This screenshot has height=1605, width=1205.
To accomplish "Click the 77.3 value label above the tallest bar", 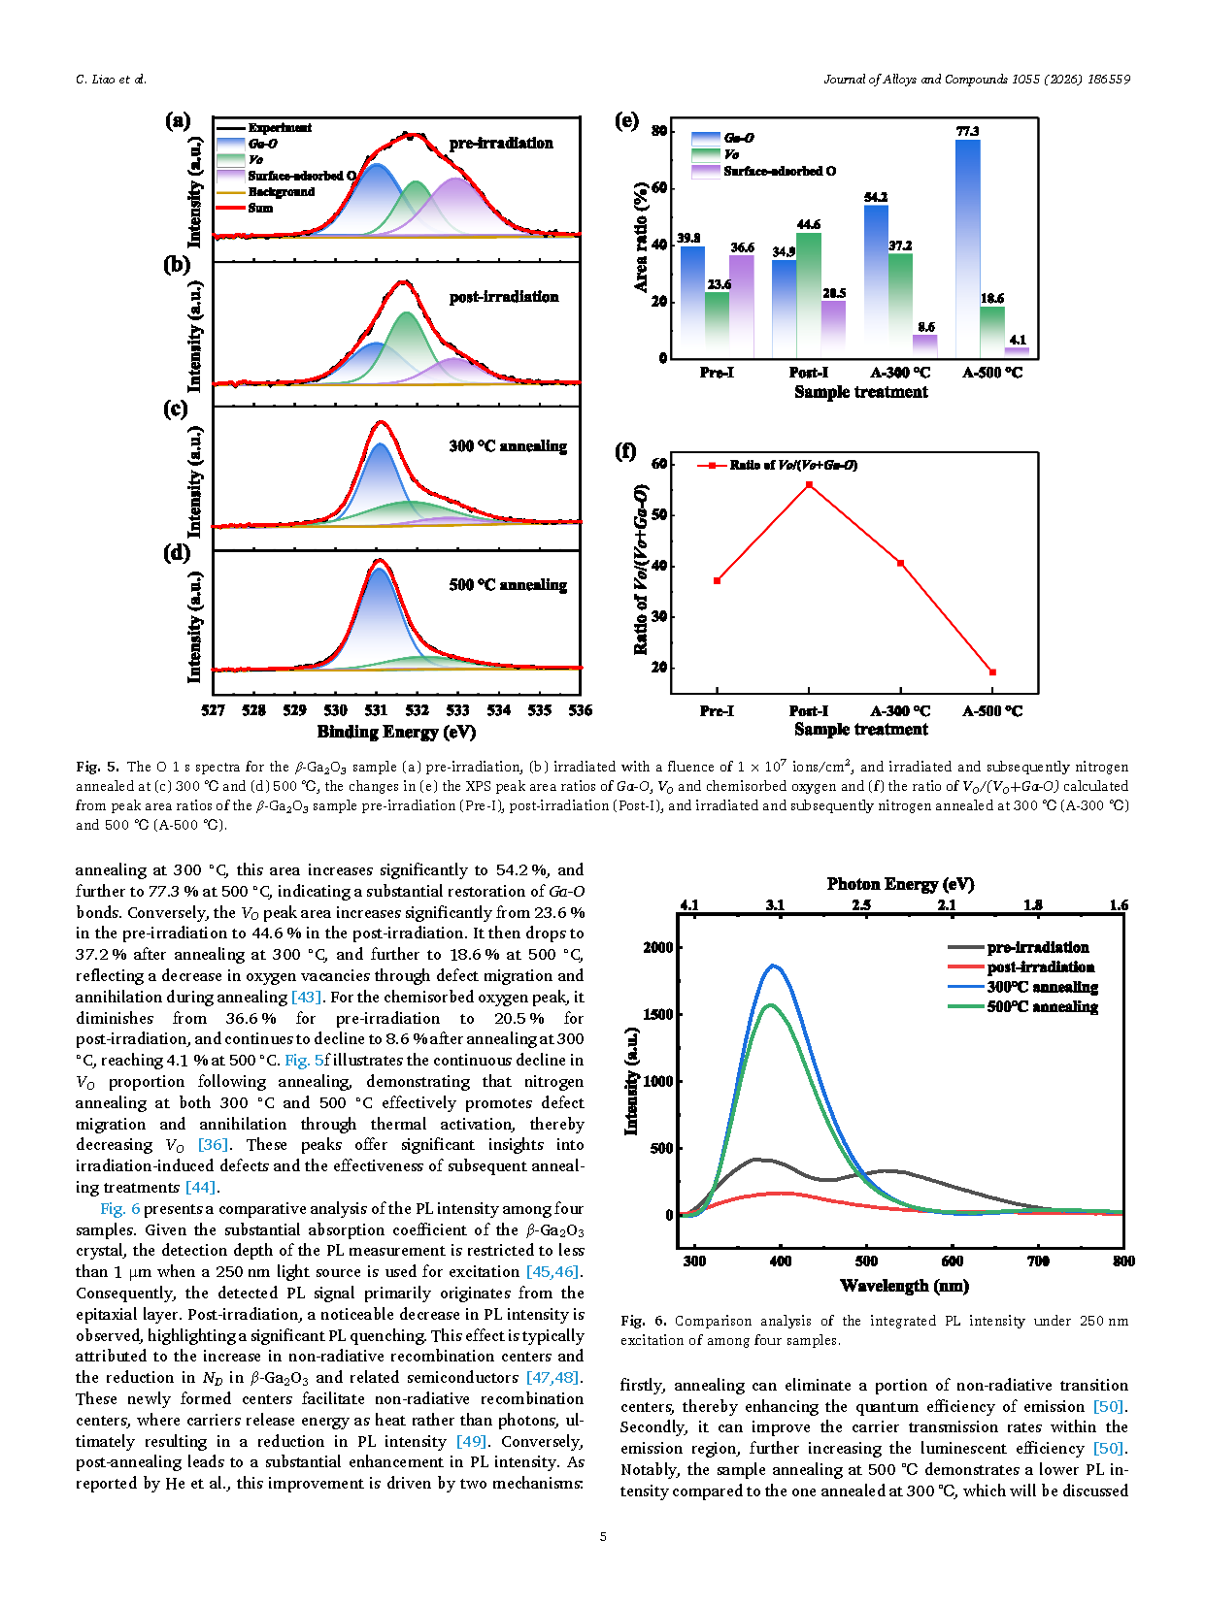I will click(967, 131).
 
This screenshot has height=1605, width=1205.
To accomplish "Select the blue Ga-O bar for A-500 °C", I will click(967, 247).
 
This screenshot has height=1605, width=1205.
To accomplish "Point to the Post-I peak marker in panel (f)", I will click(809, 484).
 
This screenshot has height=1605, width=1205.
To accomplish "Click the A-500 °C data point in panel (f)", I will click(992, 672).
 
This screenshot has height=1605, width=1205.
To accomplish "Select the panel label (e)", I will click(627, 120).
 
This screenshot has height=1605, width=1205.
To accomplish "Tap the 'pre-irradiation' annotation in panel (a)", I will click(501, 144).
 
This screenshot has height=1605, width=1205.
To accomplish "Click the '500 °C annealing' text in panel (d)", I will click(508, 585).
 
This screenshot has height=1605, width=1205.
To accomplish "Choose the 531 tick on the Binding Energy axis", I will click(377, 710).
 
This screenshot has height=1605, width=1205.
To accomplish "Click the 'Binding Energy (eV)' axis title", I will click(396, 732).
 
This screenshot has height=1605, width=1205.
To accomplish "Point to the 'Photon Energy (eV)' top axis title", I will click(900, 884).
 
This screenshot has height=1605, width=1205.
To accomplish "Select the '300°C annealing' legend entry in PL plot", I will click(1042, 987).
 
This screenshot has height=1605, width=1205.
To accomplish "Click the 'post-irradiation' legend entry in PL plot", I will click(1040, 967).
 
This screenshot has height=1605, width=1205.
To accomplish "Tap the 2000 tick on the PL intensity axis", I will click(657, 947).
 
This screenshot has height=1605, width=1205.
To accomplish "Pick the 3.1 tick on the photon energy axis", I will click(775, 905).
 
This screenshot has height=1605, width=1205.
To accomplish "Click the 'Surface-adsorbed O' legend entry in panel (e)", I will click(779, 172).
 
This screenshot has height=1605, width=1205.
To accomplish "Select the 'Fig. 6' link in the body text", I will click(120, 1209).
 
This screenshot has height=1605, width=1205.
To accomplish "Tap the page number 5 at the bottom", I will click(603, 1536).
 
